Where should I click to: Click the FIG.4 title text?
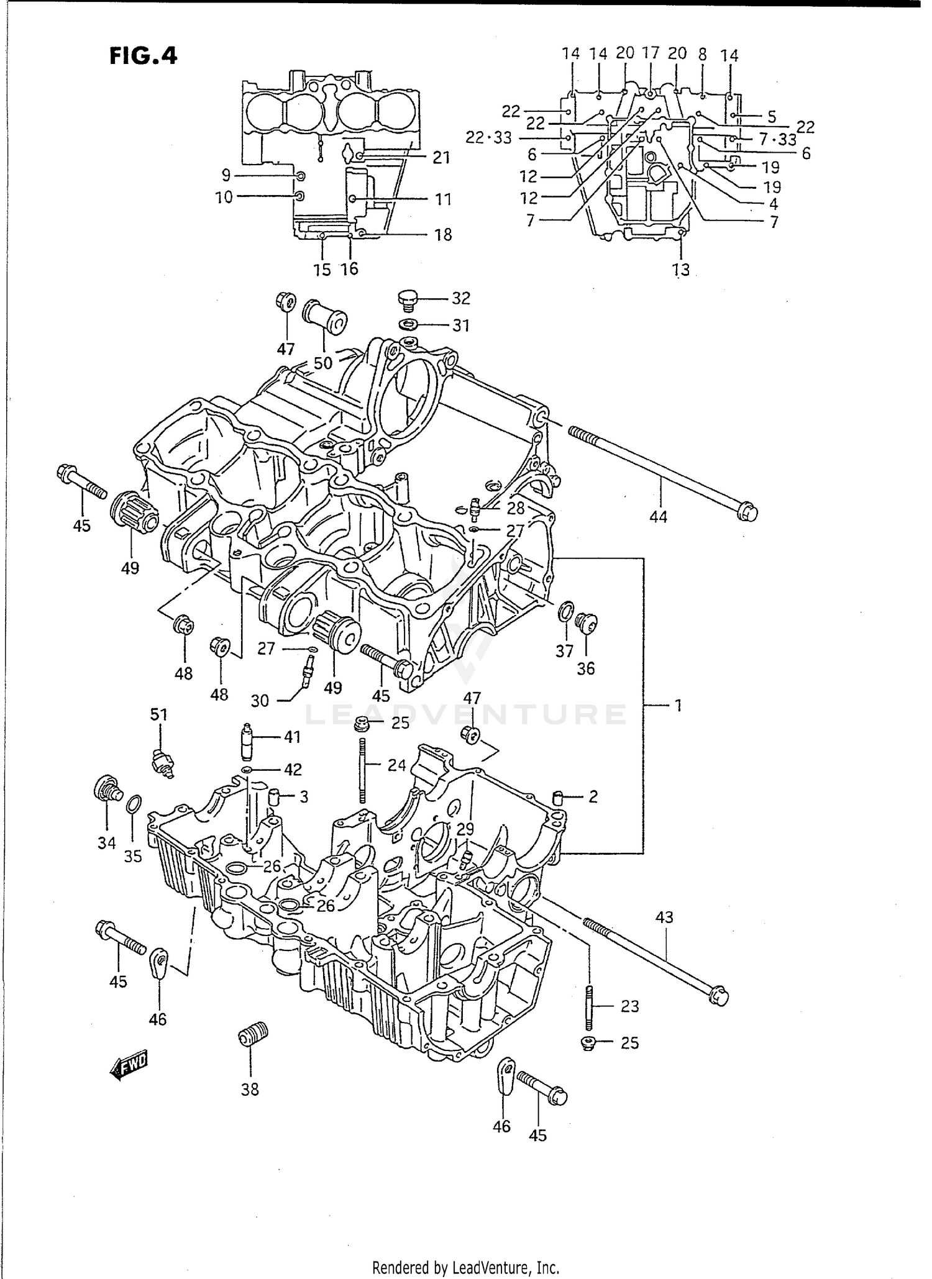[x=144, y=56]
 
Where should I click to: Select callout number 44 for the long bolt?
[x=658, y=516]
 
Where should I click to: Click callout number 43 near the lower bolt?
[x=664, y=917]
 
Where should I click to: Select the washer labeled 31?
[x=408, y=324]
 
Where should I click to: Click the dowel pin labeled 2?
[x=558, y=797]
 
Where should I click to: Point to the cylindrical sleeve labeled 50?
[x=324, y=315]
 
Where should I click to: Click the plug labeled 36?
[x=585, y=621]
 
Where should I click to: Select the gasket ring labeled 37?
[x=565, y=611]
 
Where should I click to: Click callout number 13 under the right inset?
[x=682, y=270]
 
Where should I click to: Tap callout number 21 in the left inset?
[x=441, y=158]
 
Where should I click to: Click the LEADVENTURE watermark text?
[x=466, y=714]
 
